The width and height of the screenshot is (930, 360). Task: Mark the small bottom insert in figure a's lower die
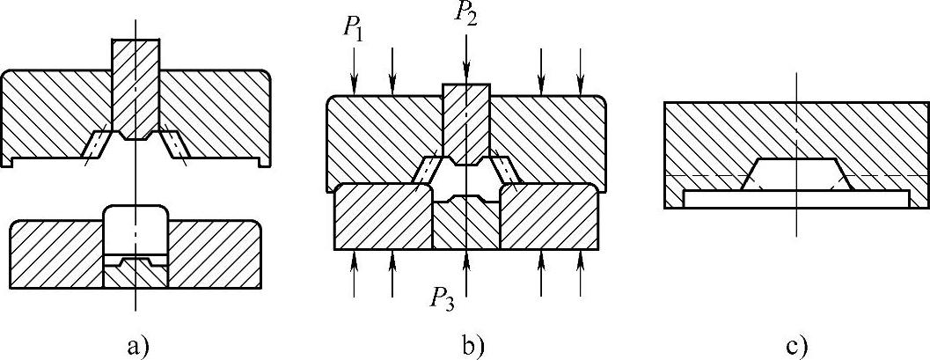point(135,274)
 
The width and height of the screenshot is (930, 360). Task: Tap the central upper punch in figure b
point(466,119)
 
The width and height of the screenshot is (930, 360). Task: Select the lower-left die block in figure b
point(383,217)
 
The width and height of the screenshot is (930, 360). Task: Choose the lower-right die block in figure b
point(549,217)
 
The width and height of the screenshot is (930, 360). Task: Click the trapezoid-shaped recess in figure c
point(796,174)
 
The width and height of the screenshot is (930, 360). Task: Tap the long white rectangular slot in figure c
point(796,200)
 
